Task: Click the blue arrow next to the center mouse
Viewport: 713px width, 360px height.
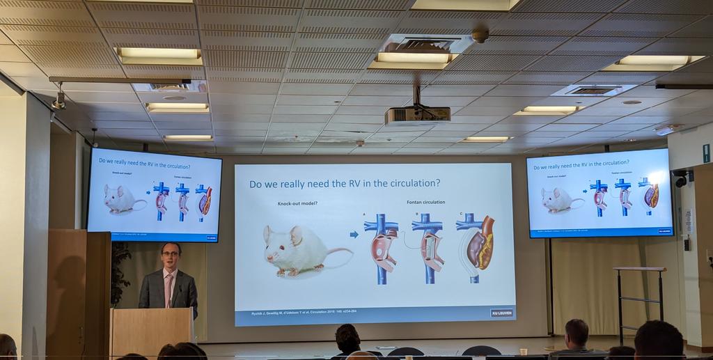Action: (x=354, y=234)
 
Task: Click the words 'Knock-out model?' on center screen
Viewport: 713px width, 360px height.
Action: (x=297, y=203)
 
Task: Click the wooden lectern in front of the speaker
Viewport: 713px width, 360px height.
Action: (x=151, y=332)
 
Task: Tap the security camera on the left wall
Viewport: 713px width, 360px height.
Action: (x=58, y=102)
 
